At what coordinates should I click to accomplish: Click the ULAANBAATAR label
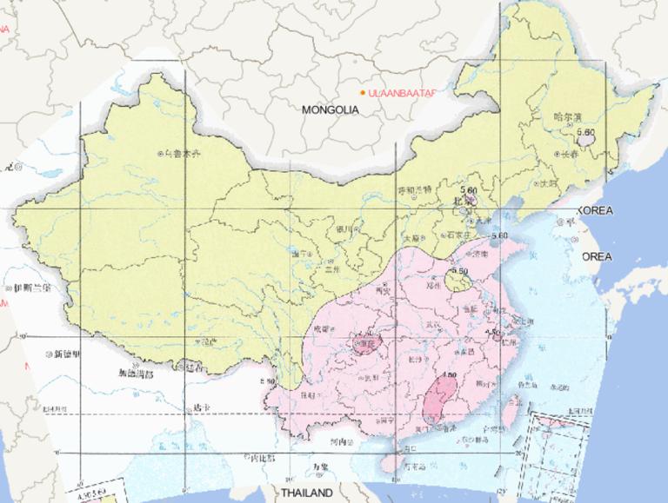click(401, 93)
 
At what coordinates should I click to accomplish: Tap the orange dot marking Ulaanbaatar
click(364, 93)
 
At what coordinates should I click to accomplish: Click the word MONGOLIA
click(330, 110)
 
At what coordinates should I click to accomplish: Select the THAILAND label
click(305, 493)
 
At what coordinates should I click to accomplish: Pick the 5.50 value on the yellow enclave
click(460, 271)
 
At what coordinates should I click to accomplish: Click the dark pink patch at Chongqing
click(364, 346)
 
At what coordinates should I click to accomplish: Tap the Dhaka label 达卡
click(201, 407)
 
